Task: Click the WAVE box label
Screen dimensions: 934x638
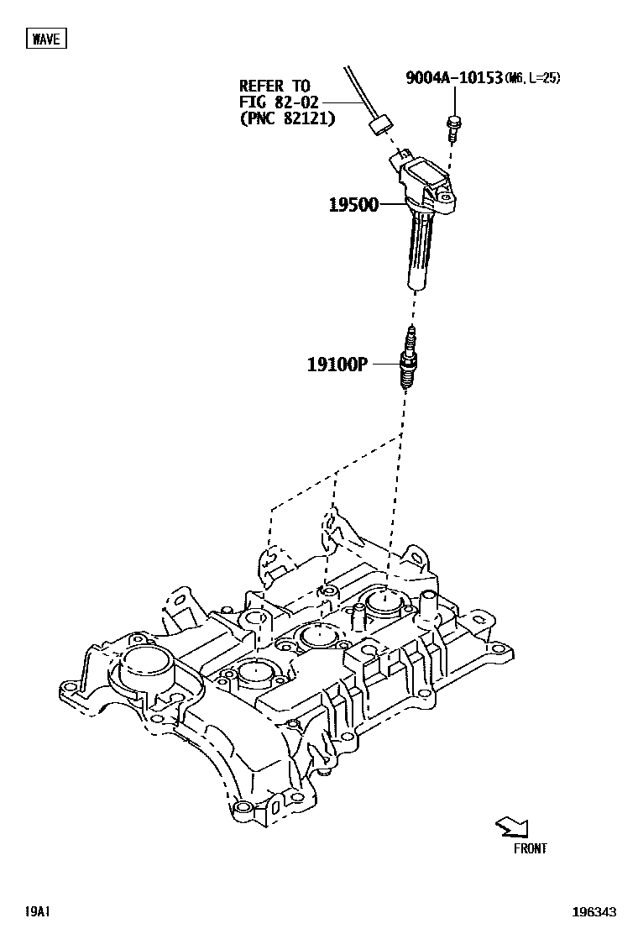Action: tap(45, 38)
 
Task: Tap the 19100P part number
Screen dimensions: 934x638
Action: tap(337, 365)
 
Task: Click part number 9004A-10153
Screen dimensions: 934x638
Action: tap(453, 79)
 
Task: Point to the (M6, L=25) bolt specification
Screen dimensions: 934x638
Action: tap(532, 79)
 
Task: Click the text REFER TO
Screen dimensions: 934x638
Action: tap(275, 86)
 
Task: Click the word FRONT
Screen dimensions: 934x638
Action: tap(530, 848)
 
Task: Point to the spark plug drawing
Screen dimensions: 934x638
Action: tap(410, 359)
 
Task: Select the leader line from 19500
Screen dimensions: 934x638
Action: tap(392, 204)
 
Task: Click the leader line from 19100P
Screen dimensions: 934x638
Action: tap(384, 365)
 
